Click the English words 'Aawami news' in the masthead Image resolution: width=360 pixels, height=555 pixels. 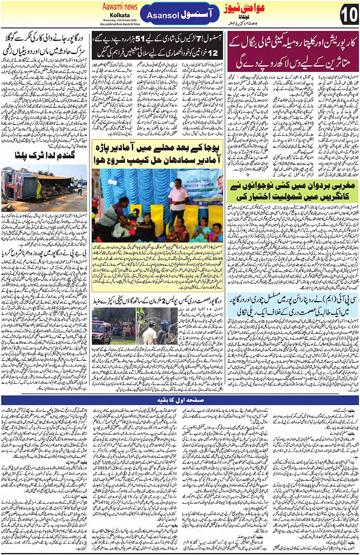tap(120, 6)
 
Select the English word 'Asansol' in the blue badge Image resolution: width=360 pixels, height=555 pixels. tap(163, 15)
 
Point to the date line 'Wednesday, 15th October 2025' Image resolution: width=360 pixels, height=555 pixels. tap(120, 20)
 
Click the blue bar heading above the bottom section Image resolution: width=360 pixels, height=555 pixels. tap(180, 400)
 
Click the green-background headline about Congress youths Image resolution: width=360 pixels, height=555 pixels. tap(292, 192)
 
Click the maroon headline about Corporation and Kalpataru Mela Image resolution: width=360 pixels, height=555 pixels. tap(292, 53)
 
